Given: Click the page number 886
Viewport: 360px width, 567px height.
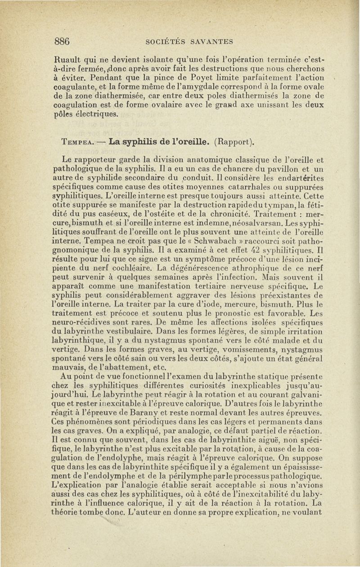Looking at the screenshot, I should tap(62, 41).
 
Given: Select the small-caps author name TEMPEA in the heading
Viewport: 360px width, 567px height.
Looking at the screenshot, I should tap(76, 144).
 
